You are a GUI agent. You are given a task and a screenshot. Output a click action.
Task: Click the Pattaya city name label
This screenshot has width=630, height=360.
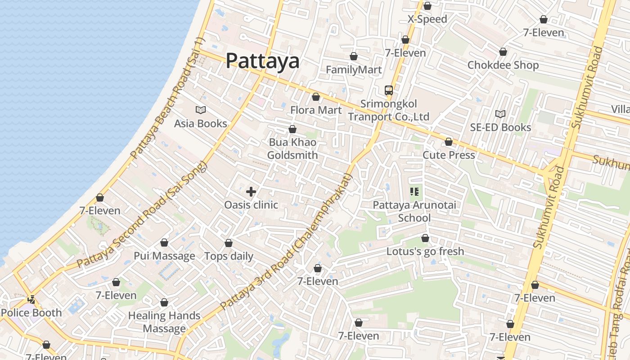click(x=262, y=61)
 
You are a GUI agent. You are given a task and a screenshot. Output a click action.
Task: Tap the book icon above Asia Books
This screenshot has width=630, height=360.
click(x=201, y=110)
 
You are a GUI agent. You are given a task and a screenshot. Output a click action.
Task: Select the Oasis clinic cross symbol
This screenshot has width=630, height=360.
click(x=251, y=192)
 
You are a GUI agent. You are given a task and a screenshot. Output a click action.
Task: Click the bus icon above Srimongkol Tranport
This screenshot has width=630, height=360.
click(x=389, y=90)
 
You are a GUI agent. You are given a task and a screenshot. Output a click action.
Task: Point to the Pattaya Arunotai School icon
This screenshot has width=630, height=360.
click(x=414, y=192)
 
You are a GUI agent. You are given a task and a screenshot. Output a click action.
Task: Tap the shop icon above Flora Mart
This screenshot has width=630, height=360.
click(x=316, y=97)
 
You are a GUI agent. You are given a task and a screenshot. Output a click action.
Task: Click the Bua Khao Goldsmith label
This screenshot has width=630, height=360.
click(x=292, y=148)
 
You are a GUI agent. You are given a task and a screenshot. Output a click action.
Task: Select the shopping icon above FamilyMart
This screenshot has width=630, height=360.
click(x=354, y=57)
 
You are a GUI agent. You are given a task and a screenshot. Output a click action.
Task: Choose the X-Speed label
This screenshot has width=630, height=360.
click(x=427, y=19)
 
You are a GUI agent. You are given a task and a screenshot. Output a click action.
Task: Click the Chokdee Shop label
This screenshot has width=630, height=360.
click(x=503, y=65)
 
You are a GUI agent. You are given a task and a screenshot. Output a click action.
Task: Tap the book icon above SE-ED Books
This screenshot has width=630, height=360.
click(x=500, y=114)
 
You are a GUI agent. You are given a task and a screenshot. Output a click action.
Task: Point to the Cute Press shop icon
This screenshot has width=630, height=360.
click(x=449, y=142)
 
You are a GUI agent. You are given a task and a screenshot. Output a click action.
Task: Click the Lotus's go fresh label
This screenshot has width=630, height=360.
click(x=425, y=251)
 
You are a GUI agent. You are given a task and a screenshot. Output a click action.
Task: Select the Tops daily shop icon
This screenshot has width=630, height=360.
click(x=229, y=243)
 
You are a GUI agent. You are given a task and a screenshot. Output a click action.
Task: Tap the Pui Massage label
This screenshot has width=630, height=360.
click(x=164, y=256)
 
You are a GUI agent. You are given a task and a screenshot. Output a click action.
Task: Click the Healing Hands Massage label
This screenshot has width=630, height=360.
click(x=164, y=322)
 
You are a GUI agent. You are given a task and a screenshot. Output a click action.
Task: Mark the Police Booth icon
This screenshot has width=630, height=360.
click(x=31, y=299)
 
